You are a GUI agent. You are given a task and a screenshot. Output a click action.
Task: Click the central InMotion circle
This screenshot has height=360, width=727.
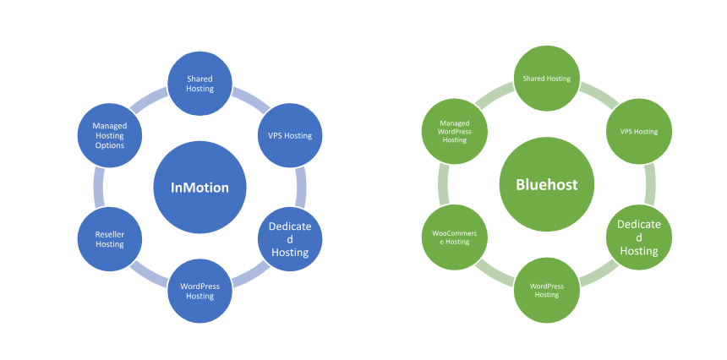200,188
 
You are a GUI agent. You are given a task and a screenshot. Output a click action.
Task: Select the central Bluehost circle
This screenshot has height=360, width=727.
547,185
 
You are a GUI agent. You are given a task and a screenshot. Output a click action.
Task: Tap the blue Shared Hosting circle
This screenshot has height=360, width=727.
200,84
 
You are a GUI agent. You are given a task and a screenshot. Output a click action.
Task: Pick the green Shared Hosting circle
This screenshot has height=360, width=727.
547,79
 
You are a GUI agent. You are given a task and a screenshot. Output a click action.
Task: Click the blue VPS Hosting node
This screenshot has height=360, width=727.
290,135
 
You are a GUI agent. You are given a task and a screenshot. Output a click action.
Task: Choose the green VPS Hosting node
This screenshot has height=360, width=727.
639,132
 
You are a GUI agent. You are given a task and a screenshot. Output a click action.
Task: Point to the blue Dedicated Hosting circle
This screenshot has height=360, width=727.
290,239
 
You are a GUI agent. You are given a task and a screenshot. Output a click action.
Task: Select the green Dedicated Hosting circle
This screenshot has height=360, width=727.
639,237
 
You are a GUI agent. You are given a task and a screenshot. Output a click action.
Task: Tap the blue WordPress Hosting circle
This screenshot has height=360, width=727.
200,291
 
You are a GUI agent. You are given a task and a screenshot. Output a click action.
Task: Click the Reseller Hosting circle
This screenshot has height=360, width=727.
109,239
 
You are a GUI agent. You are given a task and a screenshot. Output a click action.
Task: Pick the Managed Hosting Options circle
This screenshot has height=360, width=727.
109,135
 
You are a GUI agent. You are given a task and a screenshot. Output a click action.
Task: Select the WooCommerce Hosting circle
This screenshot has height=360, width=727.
455,237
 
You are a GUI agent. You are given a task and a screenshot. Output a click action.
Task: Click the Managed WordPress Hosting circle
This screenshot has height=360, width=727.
455,132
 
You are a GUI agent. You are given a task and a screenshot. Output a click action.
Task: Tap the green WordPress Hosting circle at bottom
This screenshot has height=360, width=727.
547,290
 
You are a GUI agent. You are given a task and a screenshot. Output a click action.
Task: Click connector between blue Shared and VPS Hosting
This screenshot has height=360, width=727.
250,100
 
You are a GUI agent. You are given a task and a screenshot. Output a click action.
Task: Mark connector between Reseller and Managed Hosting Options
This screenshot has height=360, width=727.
99,187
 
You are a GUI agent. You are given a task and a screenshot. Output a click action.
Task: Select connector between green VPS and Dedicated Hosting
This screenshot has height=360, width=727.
650,184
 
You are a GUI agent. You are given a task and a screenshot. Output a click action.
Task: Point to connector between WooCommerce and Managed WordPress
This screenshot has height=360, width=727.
443,184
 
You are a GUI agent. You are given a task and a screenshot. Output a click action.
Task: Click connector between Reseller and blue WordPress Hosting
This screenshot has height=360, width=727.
149,275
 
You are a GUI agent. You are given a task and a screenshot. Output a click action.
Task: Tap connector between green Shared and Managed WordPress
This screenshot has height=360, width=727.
495,95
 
